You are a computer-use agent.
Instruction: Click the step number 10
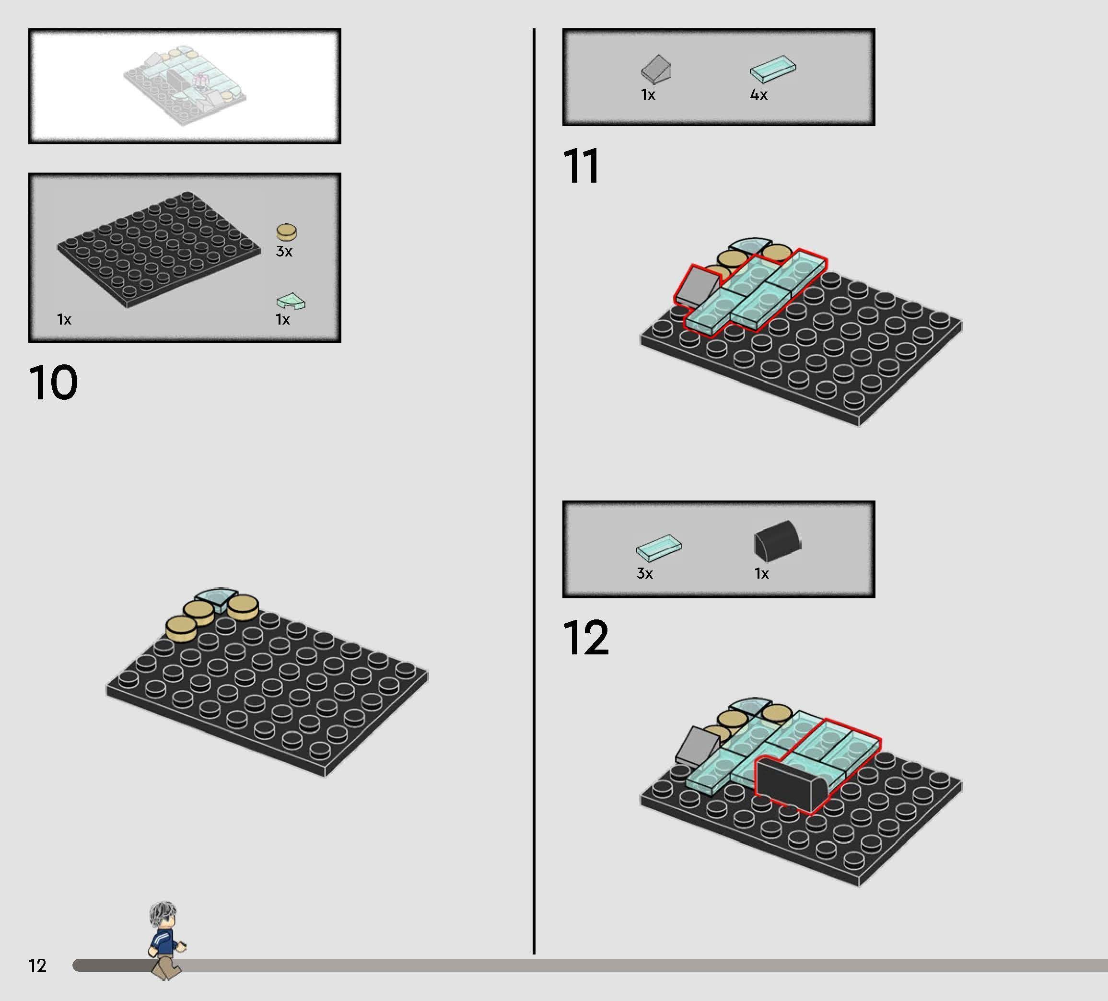pos(53,382)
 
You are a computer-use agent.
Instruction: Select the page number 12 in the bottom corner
pos(37,966)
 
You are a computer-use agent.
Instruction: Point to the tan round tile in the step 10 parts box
pos(286,232)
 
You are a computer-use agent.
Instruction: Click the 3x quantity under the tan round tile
pos(284,251)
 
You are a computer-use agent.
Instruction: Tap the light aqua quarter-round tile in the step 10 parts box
pos(291,301)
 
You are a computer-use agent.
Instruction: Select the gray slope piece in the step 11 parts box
pos(656,69)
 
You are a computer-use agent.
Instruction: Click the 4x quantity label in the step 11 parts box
pos(758,94)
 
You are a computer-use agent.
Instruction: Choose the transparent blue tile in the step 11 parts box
pos(773,69)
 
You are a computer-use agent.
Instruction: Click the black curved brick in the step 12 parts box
pos(778,540)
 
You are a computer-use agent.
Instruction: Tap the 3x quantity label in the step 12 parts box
pos(645,573)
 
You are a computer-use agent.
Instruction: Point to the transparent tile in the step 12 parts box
pos(659,548)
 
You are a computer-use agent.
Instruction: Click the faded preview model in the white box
pos(184,85)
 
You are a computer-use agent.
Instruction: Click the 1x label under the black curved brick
pos(762,574)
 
